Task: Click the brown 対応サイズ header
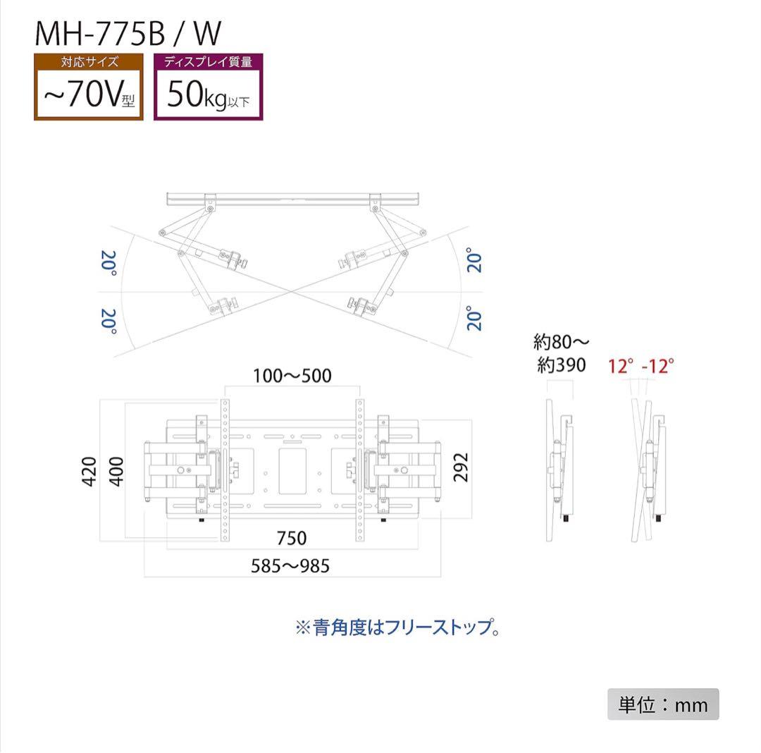88,62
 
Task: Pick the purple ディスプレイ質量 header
208,62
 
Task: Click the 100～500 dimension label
292,376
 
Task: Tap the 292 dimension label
461,466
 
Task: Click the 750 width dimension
291,538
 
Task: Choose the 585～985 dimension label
290,565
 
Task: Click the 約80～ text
561,343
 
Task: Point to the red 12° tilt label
622,366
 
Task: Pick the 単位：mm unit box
663,704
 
